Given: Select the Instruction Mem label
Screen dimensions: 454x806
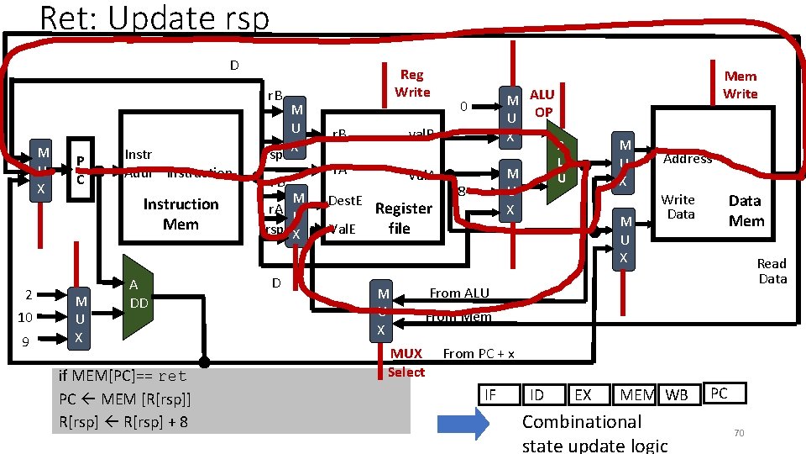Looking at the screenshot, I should point(181,214).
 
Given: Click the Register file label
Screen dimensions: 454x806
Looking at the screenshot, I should point(403,218).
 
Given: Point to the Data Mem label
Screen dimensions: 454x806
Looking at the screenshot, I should point(746,210).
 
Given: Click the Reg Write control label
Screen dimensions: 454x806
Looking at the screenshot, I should point(412,83).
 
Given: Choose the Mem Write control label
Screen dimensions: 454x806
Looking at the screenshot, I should point(740,85).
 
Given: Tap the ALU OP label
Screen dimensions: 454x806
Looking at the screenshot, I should point(542,103).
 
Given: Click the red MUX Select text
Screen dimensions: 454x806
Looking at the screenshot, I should point(407,362).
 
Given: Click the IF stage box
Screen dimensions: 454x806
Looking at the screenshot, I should point(490,394).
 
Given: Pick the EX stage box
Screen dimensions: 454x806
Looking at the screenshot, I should point(583,394).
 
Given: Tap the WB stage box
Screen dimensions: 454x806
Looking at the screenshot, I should point(676,394).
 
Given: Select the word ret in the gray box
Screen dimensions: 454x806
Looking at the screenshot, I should point(172,376).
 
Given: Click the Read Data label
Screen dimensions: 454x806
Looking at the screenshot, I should point(772,271).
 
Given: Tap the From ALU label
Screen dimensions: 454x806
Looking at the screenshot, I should point(458,293).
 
